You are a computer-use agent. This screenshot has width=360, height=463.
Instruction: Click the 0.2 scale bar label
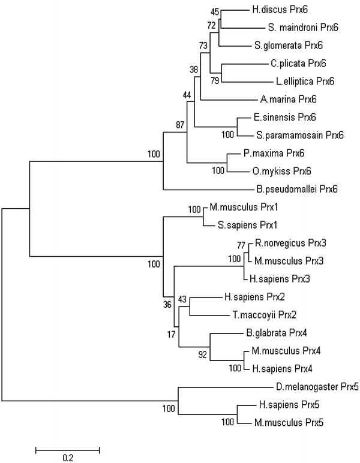(x=67, y=458)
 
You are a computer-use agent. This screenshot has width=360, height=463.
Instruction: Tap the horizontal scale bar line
(x=67, y=447)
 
